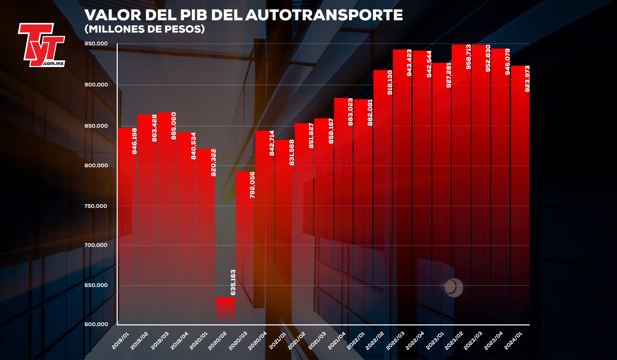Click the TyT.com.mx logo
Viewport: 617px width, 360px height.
(41, 45)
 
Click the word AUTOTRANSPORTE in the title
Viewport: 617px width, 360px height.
(323, 15)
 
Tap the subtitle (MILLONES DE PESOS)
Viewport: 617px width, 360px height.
(145, 29)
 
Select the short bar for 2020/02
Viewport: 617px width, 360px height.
(225, 309)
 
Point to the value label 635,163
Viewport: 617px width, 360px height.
(233, 282)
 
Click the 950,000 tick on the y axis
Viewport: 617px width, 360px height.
(96, 43)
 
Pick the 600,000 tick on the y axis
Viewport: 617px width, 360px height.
(96, 324)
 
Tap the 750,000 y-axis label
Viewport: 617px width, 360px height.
(96, 206)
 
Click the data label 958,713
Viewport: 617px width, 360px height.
(468, 57)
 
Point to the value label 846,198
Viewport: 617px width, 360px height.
(135, 141)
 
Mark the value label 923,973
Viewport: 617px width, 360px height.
(527, 78)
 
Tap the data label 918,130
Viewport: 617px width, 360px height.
(390, 82)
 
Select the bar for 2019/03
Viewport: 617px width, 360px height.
(166, 217)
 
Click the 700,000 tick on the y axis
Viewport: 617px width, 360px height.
(96, 245)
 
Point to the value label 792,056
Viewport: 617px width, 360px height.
(252, 184)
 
